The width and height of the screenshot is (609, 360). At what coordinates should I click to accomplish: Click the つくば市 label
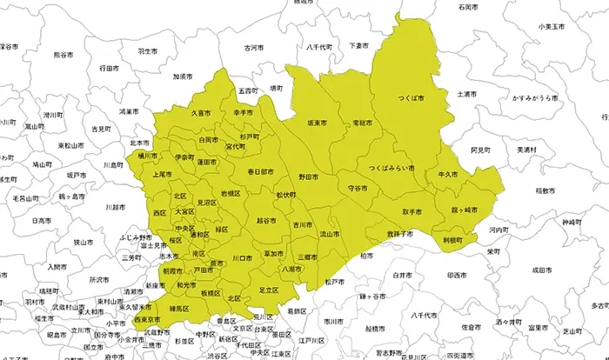tap(410, 99)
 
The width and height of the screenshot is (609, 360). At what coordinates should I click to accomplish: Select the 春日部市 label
tap(260, 171)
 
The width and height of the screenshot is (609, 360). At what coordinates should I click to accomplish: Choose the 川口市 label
tap(242, 258)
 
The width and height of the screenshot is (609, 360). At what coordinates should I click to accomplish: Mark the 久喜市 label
tap(201, 113)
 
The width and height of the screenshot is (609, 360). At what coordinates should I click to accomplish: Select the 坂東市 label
tap(318, 125)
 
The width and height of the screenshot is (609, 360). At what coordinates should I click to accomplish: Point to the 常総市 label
tap(363, 124)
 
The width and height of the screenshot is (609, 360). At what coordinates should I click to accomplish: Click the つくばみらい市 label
tap(391, 167)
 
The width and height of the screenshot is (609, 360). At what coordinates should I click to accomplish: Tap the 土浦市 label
tap(466, 93)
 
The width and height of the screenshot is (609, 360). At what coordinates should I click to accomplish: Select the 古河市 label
tap(253, 48)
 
